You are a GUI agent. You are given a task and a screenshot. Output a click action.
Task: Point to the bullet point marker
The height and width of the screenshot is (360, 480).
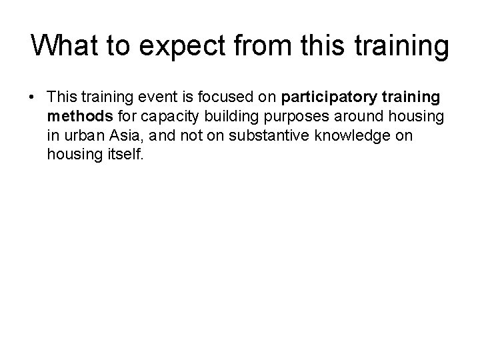point(32,99)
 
